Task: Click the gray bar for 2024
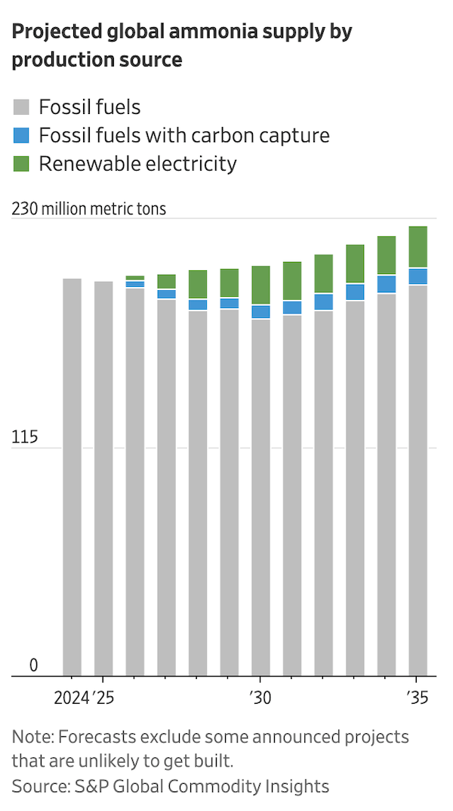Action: tap(72, 476)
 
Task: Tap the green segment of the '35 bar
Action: tap(418, 246)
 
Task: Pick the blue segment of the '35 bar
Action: tap(418, 276)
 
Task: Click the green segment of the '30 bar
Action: tap(260, 285)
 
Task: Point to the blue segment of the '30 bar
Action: tap(260, 312)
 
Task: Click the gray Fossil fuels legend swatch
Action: tap(21, 107)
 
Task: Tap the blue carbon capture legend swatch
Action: tap(21, 136)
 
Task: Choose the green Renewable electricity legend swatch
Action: tap(21, 164)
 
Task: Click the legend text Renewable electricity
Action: tap(137, 164)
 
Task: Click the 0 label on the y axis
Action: tap(33, 665)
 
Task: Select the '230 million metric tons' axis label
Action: tap(88, 208)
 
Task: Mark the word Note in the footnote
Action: tap(30, 736)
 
